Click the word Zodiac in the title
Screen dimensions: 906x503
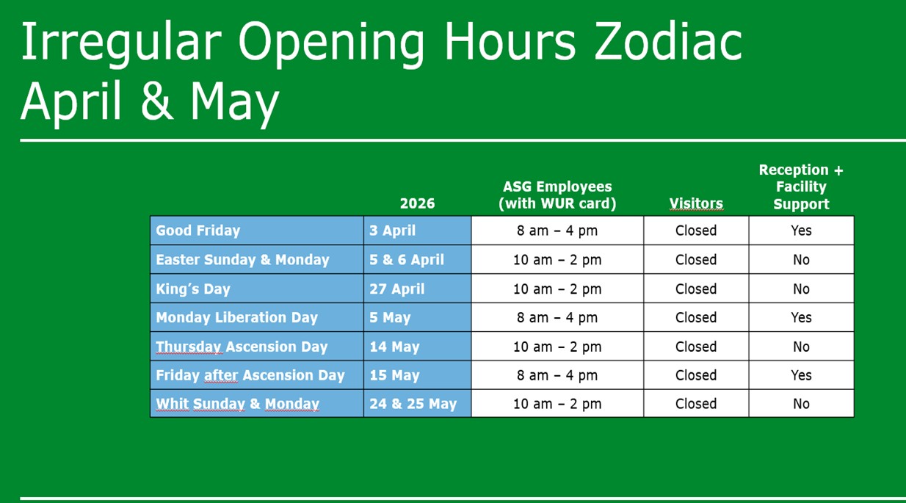pyautogui.click(x=668, y=41)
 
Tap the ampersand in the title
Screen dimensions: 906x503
pyautogui.click(x=157, y=100)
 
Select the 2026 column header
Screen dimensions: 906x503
pyautogui.click(x=417, y=203)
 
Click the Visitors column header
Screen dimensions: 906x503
pyautogui.click(x=696, y=203)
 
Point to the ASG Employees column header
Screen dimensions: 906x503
pyautogui.click(x=557, y=195)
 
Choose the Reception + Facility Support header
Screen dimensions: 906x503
pyautogui.click(x=801, y=187)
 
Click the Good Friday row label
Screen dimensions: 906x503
pyautogui.click(x=197, y=231)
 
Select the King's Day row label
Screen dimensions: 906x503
pyautogui.click(x=193, y=289)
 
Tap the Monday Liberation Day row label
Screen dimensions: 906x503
pyautogui.click(x=236, y=318)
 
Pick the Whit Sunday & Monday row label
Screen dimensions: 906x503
pyautogui.click(x=237, y=404)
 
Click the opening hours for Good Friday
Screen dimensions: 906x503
pyautogui.click(x=557, y=231)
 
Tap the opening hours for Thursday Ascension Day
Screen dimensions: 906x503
pyautogui.click(x=557, y=347)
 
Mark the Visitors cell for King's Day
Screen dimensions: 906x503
pyautogui.click(x=696, y=289)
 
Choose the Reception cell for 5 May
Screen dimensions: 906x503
pyautogui.click(x=801, y=318)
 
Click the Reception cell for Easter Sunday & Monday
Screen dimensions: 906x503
pyautogui.click(x=801, y=260)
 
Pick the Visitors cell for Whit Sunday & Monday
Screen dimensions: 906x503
pyautogui.click(x=696, y=404)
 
